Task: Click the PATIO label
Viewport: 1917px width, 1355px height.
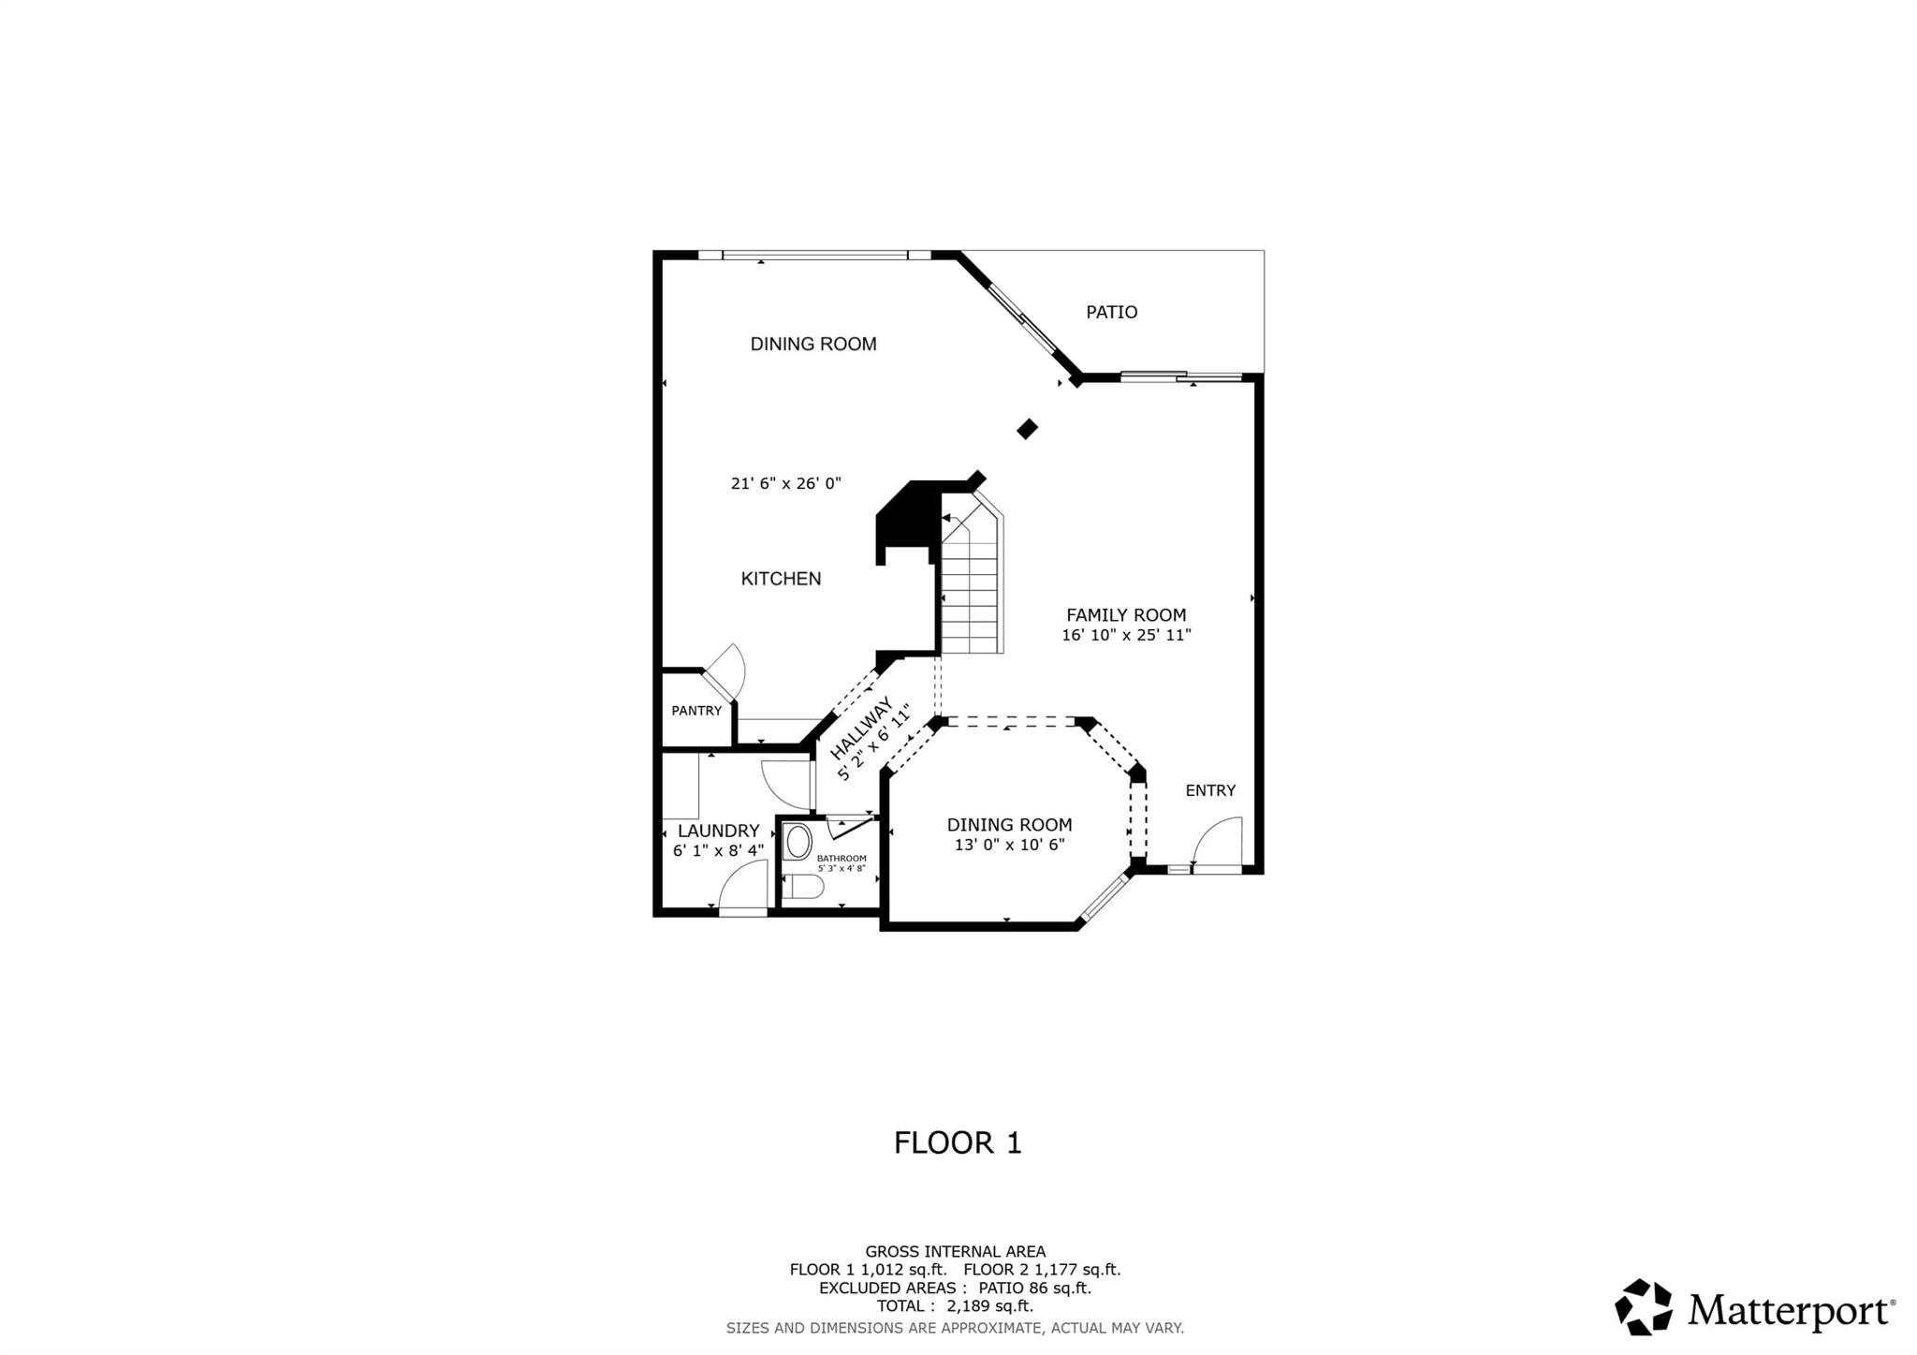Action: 1111,312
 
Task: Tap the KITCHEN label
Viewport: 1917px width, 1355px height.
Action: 781,579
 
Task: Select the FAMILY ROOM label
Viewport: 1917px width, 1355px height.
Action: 1126,615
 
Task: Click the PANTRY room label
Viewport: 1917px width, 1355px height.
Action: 696,711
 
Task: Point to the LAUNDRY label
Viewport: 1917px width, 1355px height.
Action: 718,831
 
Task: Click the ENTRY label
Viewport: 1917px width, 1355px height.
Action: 1210,790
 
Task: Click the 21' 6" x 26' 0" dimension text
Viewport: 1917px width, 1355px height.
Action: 786,484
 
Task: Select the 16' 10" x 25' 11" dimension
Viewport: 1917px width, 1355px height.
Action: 1126,635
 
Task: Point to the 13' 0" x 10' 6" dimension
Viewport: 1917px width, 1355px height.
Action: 1009,845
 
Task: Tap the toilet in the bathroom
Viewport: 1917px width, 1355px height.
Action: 801,887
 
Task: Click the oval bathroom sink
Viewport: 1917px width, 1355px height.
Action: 798,842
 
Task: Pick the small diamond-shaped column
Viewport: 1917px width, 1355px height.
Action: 1028,429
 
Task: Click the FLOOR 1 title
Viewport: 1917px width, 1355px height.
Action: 958,1143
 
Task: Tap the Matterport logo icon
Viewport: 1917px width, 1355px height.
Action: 1643,1307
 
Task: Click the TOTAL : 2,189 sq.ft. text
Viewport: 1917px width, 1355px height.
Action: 955,1306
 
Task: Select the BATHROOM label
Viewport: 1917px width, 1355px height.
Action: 841,859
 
